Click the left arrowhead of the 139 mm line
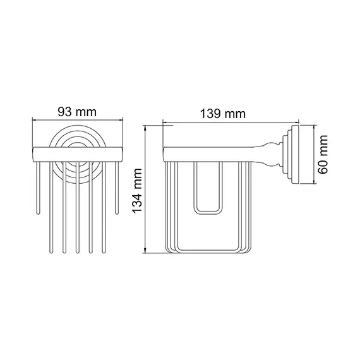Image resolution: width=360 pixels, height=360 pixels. coord(165,122)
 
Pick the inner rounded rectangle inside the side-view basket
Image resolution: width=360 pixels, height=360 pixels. coord(208,189)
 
